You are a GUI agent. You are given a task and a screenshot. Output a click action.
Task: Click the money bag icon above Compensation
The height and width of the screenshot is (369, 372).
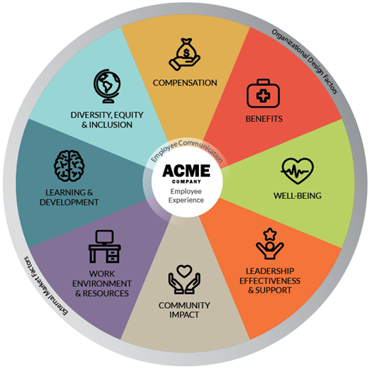click(184, 55)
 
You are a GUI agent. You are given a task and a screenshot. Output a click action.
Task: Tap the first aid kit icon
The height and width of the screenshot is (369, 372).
click(263, 93)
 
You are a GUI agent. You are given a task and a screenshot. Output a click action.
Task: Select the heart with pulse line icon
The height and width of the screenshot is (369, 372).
click(298, 171)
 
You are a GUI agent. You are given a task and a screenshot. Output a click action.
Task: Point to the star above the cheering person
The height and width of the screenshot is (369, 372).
click(270, 234)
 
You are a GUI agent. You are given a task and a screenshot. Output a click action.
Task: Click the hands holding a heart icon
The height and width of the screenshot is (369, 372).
click(184, 280)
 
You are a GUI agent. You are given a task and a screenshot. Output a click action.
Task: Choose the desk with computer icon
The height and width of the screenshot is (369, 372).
click(105, 246)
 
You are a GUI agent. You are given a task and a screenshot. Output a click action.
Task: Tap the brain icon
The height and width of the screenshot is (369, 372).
click(69, 166)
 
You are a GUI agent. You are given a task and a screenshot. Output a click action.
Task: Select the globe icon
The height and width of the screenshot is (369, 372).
click(107, 86)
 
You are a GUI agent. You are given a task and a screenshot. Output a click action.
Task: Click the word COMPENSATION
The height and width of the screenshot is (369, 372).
click(185, 83)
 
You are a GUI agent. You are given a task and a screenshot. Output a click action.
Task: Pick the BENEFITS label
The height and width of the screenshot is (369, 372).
click(264, 118)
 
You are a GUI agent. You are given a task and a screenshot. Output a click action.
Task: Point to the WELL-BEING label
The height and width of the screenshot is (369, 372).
click(298, 195)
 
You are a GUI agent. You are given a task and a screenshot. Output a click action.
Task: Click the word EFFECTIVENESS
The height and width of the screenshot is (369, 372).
click(270, 280)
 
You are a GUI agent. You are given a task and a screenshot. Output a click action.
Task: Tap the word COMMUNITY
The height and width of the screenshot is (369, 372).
click(184, 305)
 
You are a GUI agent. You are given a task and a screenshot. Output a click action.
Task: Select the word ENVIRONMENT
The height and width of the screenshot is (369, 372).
click(102, 283)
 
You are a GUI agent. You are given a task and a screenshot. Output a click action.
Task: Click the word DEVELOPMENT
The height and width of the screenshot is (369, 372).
click(69, 203)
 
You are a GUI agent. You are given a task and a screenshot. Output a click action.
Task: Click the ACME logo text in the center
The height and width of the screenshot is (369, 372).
click(186, 171)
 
